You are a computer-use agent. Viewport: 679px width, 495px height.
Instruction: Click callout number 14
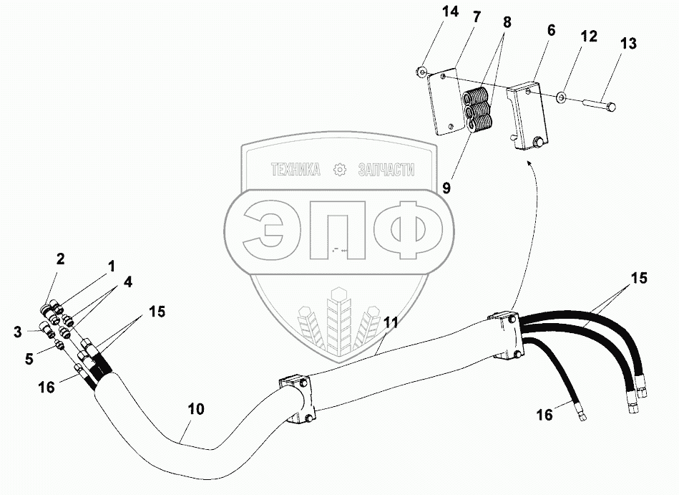pos(429,11)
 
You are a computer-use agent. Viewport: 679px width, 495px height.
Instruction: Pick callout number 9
pos(446,188)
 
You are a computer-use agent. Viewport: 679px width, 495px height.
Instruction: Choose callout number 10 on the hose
pos(196,409)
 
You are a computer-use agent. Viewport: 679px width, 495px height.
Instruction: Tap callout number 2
pos(61,258)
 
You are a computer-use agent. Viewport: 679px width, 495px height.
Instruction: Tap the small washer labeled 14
pos(423,71)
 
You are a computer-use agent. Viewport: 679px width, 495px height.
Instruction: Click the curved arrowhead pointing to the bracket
pos(529,165)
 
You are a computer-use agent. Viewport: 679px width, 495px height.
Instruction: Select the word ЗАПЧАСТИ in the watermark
pos(386,170)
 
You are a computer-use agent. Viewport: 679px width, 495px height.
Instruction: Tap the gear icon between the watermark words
pos(340,170)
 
